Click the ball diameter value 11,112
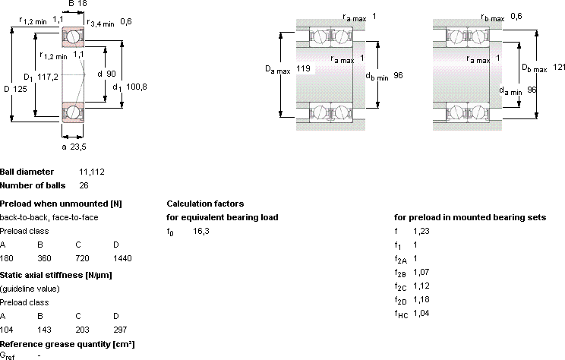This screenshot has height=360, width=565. click(x=92, y=172)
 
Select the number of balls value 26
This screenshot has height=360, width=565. click(x=84, y=185)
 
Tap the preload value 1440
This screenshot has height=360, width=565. click(x=122, y=258)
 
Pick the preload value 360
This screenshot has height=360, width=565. click(x=44, y=258)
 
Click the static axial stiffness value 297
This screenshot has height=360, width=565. click(x=120, y=330)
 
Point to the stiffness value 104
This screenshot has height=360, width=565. click(x=7, y=330)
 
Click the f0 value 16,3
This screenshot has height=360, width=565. click(x=201, y=231)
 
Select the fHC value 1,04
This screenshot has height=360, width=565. click(x=421, y=313)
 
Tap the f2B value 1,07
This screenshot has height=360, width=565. click(x=421, y=272)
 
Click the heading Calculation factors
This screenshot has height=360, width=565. click(x=205, y=204)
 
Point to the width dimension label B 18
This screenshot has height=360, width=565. click(x=77, y=4)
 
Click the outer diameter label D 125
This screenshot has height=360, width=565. click(x=15, y=89)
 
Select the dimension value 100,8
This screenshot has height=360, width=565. click(x=136, y=87)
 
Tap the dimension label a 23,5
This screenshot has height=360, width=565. click(x=74, y=147)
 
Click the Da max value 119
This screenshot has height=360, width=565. click(x=303, y=68)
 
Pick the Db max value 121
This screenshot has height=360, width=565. click(x=559, y=67)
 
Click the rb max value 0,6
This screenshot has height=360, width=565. click(x=516, y=16)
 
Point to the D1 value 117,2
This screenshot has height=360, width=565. click(x=48, y=77)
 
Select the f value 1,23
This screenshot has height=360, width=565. click(x=421, y=231)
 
